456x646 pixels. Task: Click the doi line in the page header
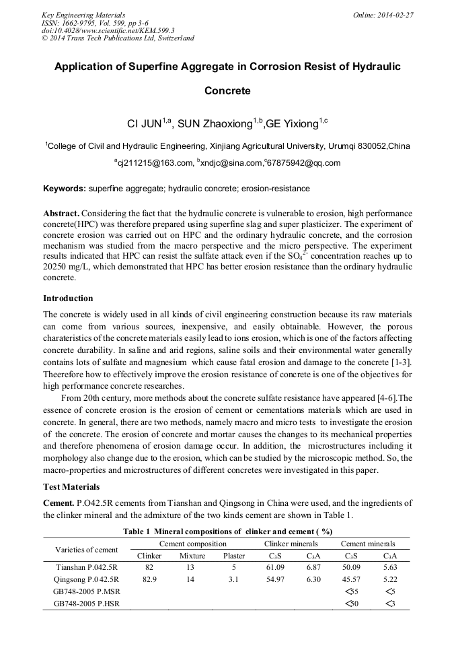108,30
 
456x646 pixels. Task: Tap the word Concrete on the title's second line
227,90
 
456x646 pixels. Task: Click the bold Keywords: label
64,189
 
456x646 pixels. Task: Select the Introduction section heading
68,298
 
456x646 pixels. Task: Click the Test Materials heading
71,486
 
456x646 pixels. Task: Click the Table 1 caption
227,531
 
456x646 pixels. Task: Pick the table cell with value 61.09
274,567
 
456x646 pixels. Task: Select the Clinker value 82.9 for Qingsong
149,579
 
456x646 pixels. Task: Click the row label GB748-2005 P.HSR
86,604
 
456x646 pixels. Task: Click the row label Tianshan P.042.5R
86,567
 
